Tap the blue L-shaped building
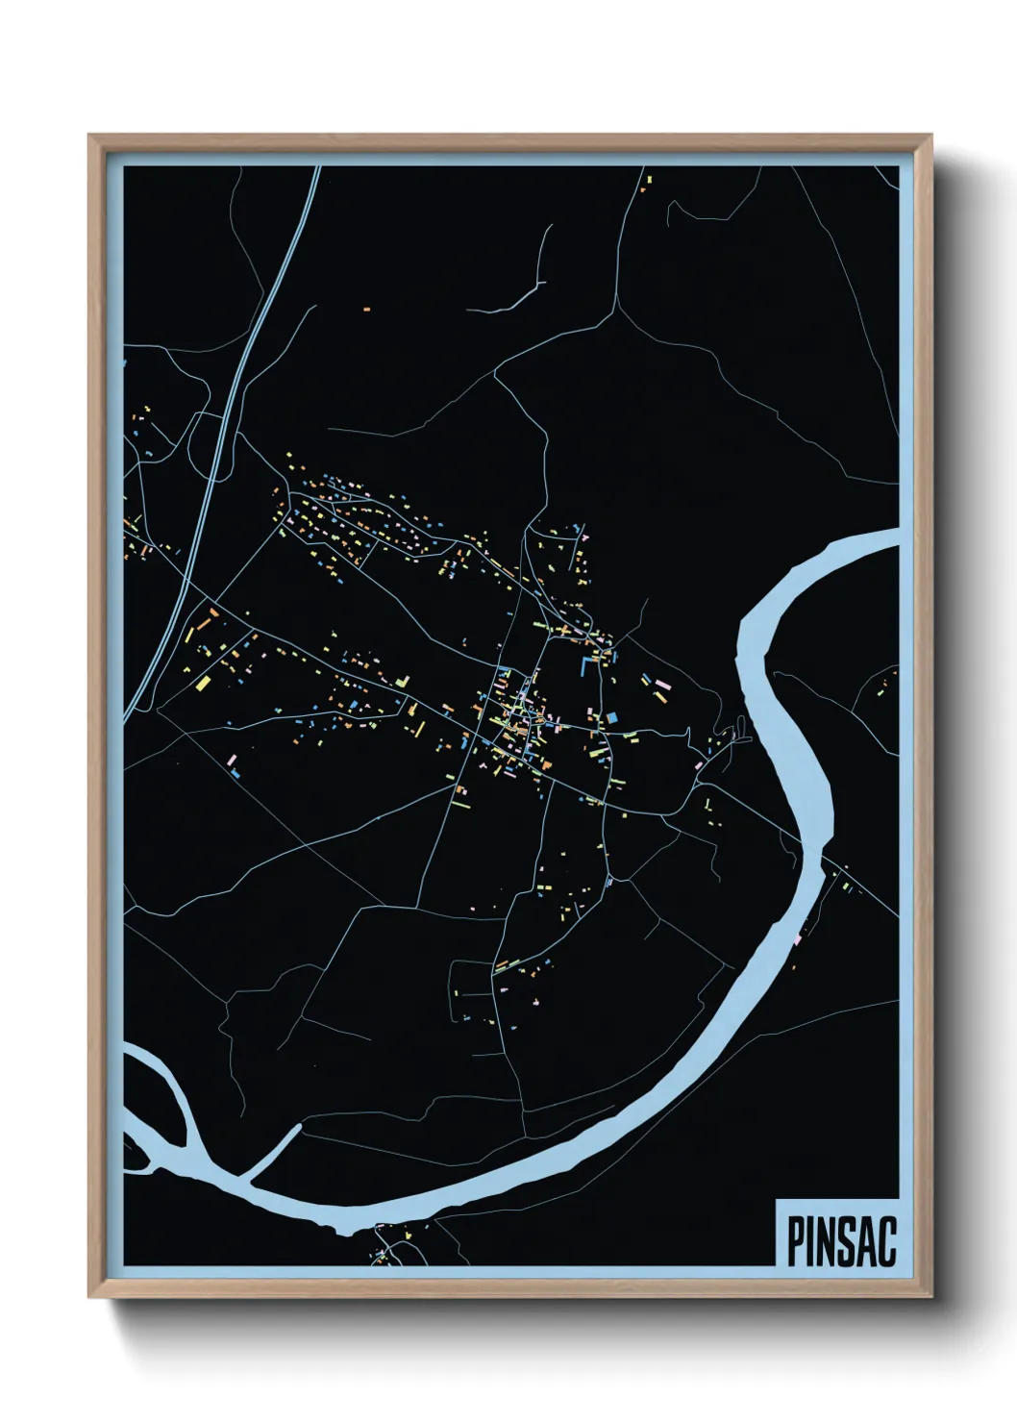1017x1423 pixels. (584, 665)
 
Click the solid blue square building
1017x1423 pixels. (612, 716)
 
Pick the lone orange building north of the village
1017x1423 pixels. (366, 310)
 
